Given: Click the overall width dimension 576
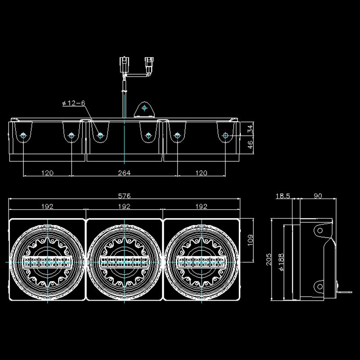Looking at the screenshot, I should click(x=124, y=196).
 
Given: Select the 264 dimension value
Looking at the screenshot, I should click(x=124, y=173).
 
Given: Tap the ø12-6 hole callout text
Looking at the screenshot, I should click(x=73, y=103).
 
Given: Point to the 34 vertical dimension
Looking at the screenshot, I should click(x=251, y=129).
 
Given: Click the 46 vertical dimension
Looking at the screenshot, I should click(x=251, y=145).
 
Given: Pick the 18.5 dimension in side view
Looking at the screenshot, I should click(x=283, y=196).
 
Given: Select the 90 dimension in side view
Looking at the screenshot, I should click(x=317, y=196).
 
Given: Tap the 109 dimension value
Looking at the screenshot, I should click(x=251, y=241).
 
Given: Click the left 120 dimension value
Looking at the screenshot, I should click(x=47, y=173).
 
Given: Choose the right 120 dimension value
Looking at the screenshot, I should click(x=202, y=173).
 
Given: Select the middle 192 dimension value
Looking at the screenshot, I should click(x=124, y=207).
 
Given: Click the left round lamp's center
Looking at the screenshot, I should click(x=47, y=261).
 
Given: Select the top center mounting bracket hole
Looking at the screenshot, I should click(x=144, y=108).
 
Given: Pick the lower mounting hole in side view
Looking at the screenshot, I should click(x=319, y=285).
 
